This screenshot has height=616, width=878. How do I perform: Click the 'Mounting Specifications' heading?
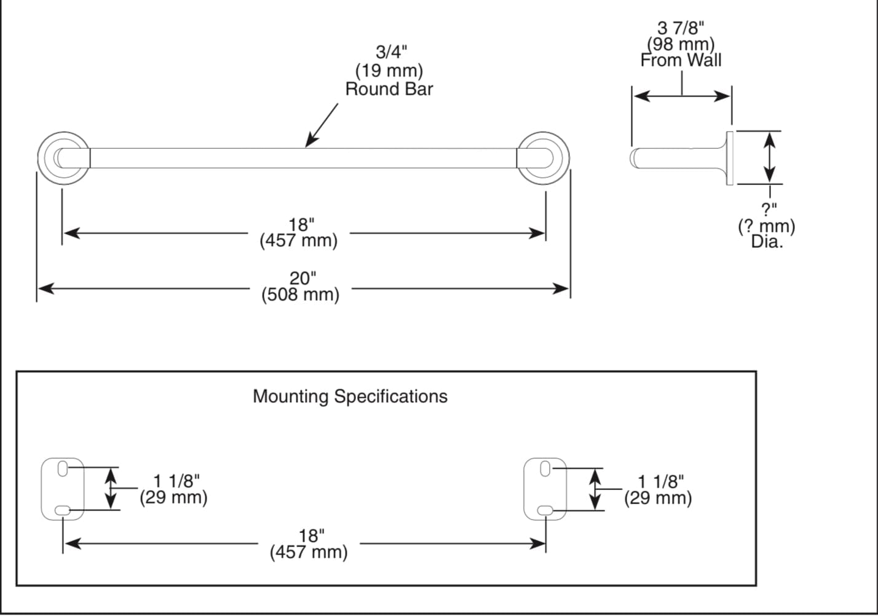click(350, 397)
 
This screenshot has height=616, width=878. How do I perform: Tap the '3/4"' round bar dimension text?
click(391, 52)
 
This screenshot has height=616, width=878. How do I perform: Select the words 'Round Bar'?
click(389, 89)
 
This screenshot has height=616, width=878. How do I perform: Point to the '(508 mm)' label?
click(300, 295)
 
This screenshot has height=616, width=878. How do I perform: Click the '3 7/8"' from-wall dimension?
click(681, 28)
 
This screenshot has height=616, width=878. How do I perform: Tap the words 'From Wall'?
click(681, 60)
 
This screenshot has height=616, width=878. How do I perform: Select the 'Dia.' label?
click(767, 242)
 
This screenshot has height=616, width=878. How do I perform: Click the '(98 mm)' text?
click(681, 44)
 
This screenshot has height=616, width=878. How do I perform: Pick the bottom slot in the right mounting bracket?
click(545, 510)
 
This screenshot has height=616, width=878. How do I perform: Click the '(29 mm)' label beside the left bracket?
click(173, 497)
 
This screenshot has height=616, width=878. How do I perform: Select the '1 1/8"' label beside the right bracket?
click(660, 481)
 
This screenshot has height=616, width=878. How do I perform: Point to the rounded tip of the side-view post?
click(633, 158)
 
